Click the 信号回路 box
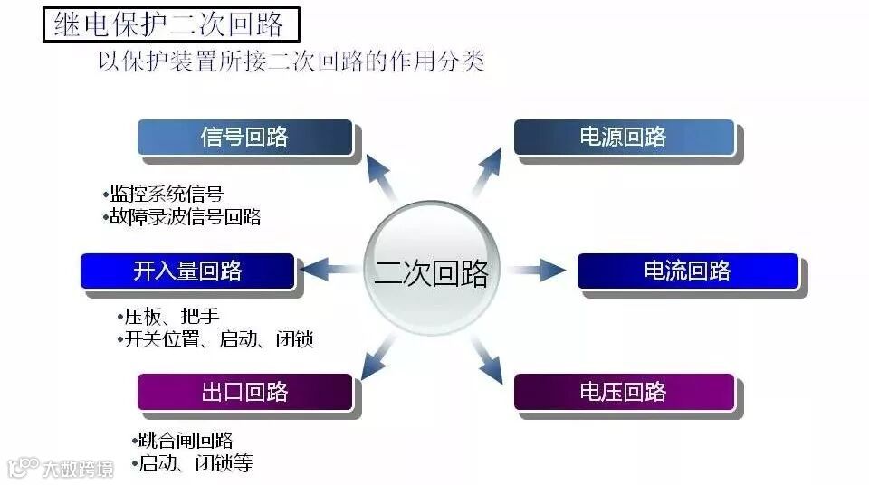[x=244, y=138]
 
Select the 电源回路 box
[x=624, y=138]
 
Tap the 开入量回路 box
[x=187, y=271]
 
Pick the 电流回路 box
[x=688, y=271]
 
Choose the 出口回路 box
[x=244, y=392]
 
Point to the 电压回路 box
[x=624, y=392]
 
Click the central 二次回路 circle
[x=432, y=270]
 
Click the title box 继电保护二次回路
[x=170, y=23]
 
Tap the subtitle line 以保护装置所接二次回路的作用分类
[x=291, y=62]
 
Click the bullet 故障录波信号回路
[x=184, y=217]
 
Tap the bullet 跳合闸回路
[x=185, y=441]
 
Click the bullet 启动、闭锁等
[x=194, y=464]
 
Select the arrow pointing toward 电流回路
[x=540, y=269]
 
